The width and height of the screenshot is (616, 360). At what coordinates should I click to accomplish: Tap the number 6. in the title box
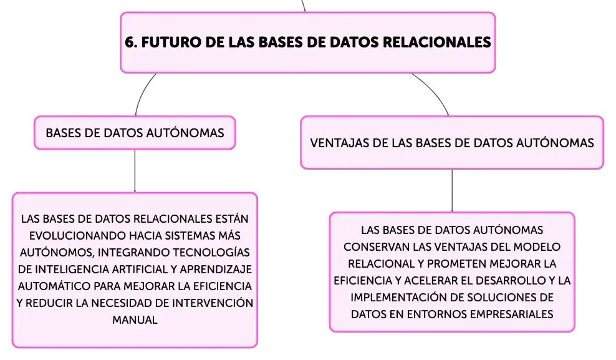pyautogui.click(x=131, y=42)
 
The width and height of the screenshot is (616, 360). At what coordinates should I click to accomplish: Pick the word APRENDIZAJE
pyautogui.click(x=216, y=269)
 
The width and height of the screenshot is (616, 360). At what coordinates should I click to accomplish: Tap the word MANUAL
pyautogui.click(x=135, y=320)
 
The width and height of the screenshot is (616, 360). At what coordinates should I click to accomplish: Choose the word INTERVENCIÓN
pyautogui.click(x=213, y=303)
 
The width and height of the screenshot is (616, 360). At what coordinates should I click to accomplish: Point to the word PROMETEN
pyautogui.click(x=454, y=264)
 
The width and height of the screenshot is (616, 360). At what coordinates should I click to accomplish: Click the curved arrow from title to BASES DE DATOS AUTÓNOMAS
pyautogui.click(x=142, y=93)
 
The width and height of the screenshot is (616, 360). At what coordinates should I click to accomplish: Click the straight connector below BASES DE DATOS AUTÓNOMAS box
pyautogui.click(x=135, y=171)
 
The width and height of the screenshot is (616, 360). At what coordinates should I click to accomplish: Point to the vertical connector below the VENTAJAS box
pyautogui.click(x=452, y=191)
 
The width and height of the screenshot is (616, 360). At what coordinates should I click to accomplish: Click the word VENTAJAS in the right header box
pyautogui.click(x=339, y=143)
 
